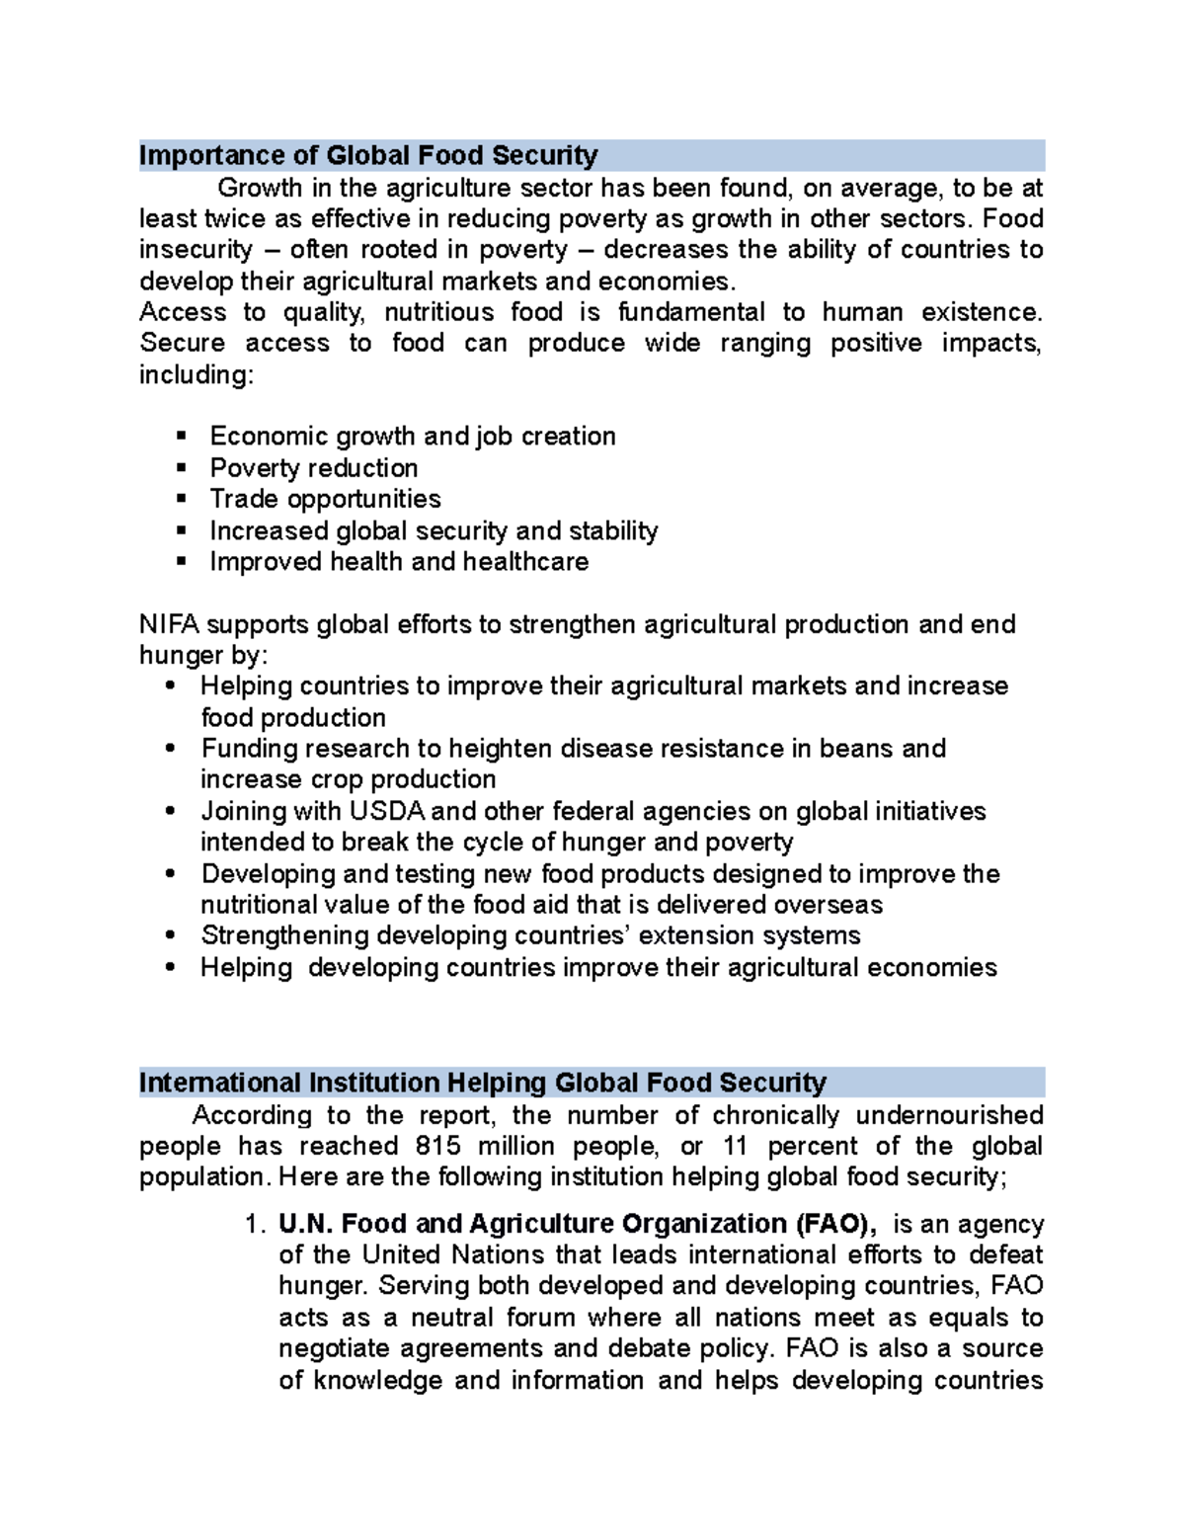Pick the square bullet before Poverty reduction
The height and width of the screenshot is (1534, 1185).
[x=181, y=467]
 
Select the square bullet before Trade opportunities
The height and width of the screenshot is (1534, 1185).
[x=181, y=499]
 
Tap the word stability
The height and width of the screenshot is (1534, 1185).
[x=613, y=531]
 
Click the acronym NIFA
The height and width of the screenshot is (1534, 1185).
[x=169, y=624]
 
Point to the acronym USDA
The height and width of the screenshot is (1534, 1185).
[x=386, y=811]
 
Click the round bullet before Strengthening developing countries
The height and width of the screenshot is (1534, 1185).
[x=171, y=935]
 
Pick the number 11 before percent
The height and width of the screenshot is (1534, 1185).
[x=735, y=1146]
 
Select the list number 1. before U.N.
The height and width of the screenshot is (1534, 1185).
[x=255, y=1225]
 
